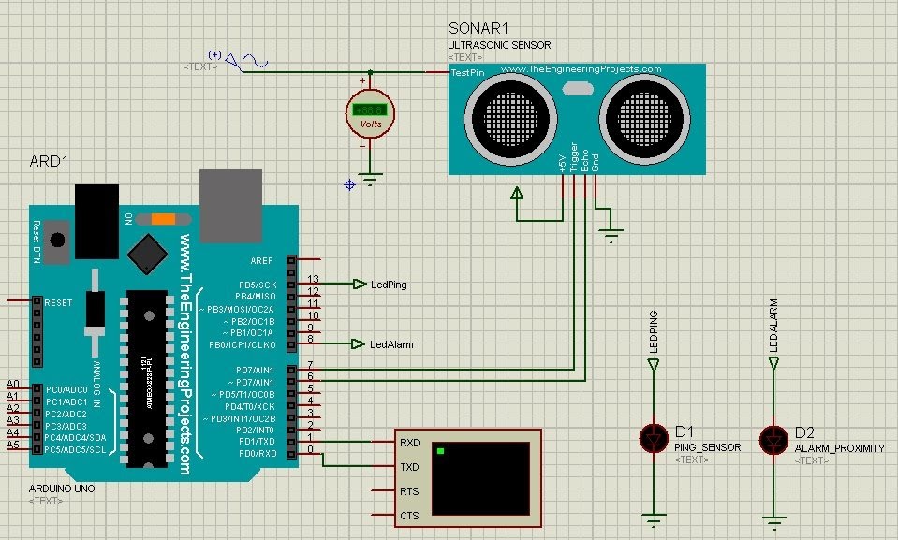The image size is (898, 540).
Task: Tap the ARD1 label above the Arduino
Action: tap(50, 162)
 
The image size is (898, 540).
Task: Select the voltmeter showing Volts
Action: tap(370, 113)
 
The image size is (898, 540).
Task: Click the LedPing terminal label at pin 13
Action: tap(389, 285)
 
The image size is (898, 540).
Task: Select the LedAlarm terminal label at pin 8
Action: tap(391, 344)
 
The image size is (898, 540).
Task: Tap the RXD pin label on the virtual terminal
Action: tap(409, 443)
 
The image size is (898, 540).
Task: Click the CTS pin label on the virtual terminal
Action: tap(409, 516)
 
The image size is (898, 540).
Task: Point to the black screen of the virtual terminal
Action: tap(479, 479)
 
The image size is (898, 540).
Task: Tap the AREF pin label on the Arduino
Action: tap(263, 260)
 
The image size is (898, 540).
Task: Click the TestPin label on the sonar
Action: tap(467, 72)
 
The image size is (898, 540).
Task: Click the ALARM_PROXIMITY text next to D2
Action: tap(839, 448)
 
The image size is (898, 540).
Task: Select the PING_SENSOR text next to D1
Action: tap(707, 447)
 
